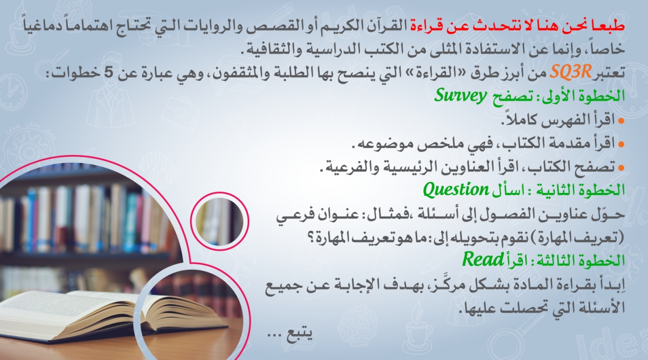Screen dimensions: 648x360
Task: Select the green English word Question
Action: (456, 189)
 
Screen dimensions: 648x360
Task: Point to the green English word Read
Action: (483, 259)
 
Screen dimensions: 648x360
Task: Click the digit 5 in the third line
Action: (109, 72)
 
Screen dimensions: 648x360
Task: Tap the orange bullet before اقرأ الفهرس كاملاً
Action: (621, 121)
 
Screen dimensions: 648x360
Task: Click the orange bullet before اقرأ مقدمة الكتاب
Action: (621, 144)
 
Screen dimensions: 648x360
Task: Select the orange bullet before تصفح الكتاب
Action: (621, 168)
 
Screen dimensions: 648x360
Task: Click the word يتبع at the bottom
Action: (300, 335)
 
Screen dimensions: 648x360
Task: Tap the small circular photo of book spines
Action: (219, 221)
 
